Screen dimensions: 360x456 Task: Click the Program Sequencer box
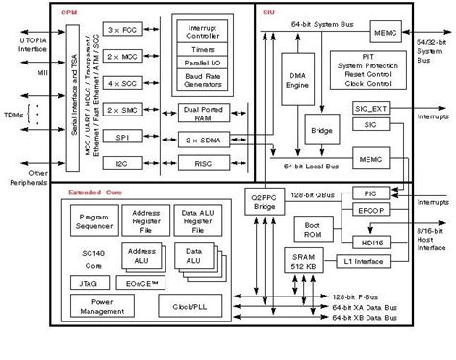click(95, 223)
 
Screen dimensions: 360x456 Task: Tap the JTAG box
click(83, 284)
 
